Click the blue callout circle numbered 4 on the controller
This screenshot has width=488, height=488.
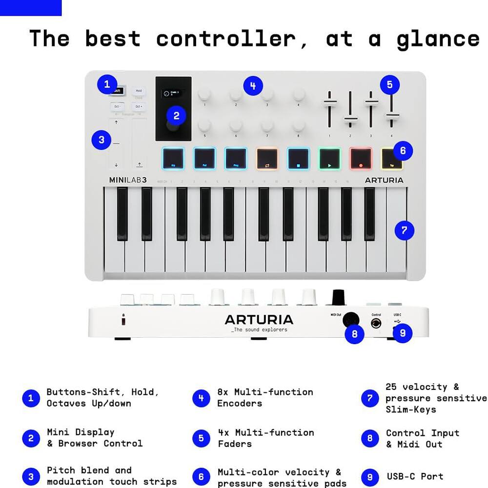[253, 86]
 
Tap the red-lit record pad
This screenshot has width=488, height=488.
[361, 159]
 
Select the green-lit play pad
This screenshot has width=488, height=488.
[330, 159]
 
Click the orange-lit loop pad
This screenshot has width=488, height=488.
[267, 159]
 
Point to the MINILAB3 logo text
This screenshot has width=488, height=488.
[128, 180]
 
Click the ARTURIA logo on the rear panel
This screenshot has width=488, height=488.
[259, 320]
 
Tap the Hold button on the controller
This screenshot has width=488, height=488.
[139, 91]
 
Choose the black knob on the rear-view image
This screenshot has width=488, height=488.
[338, 297]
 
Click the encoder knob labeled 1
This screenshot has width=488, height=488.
[204, 94]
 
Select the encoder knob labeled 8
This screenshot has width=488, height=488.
[299, 126]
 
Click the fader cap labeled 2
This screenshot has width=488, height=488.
[350, 119]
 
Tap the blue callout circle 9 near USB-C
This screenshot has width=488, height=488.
[403, 333]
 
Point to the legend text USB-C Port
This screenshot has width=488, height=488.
[415, 476]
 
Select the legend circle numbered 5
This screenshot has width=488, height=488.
[201, 438]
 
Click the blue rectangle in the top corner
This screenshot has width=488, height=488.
[31, 8]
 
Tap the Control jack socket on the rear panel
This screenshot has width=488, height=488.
[376, 324]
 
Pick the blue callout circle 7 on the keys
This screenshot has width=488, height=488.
[404, 230]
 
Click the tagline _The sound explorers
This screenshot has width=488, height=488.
[259, 330]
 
